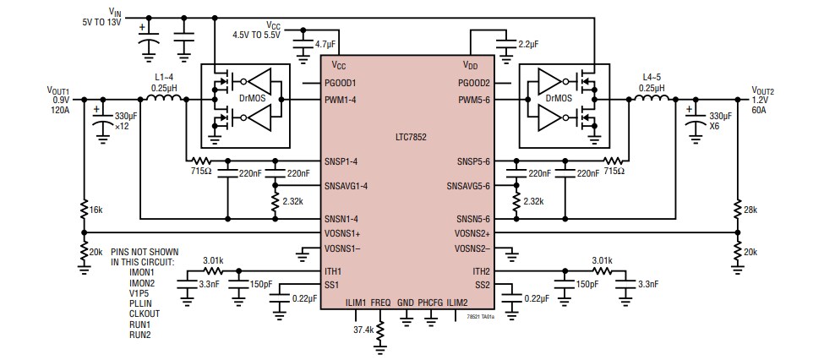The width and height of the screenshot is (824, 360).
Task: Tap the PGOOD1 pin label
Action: pos(341,83)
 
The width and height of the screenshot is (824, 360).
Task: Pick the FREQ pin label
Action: pos(380,301)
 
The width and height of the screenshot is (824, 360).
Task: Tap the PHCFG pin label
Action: pos(430,301)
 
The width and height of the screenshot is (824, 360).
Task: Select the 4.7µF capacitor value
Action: pos(326,42)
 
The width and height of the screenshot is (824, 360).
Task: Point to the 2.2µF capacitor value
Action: pos(528,42)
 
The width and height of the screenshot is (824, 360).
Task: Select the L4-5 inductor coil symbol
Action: pos(651,99)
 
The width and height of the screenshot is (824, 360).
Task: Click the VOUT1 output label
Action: pos(58,90)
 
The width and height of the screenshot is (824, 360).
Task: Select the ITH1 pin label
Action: pos(333,271)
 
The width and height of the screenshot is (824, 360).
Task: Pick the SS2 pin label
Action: pos(482,285)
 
